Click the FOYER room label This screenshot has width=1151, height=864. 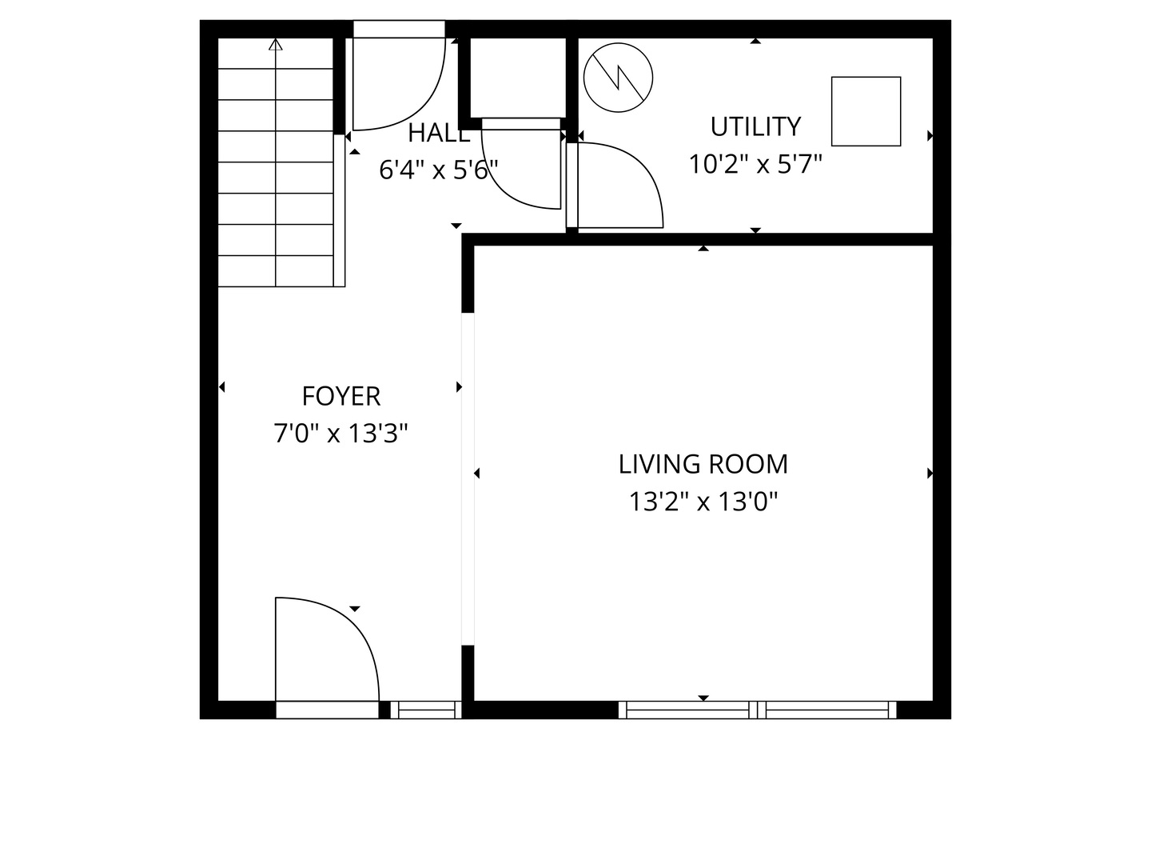coord(341,396)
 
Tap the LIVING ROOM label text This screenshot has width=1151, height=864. coord(703,464)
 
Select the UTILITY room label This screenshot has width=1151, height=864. coord(755,126)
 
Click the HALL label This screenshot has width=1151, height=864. coord(438,134)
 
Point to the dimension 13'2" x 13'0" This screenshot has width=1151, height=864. coord(703,502)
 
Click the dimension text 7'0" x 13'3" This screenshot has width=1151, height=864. coord(341,434)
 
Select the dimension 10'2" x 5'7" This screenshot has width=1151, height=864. coord(755,164)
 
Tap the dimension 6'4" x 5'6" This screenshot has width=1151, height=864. coord(438,170)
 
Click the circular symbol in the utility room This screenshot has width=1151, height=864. coord(618,78)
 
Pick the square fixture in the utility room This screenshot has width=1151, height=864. coord(866,111)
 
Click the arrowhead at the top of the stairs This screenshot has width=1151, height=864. coord(276,45)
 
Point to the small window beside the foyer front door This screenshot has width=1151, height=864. coord(425,710)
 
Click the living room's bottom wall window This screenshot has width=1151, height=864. coord(757,710)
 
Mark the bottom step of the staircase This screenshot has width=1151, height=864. coord(276,271)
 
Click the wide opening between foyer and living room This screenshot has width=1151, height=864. coord(468,478)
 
